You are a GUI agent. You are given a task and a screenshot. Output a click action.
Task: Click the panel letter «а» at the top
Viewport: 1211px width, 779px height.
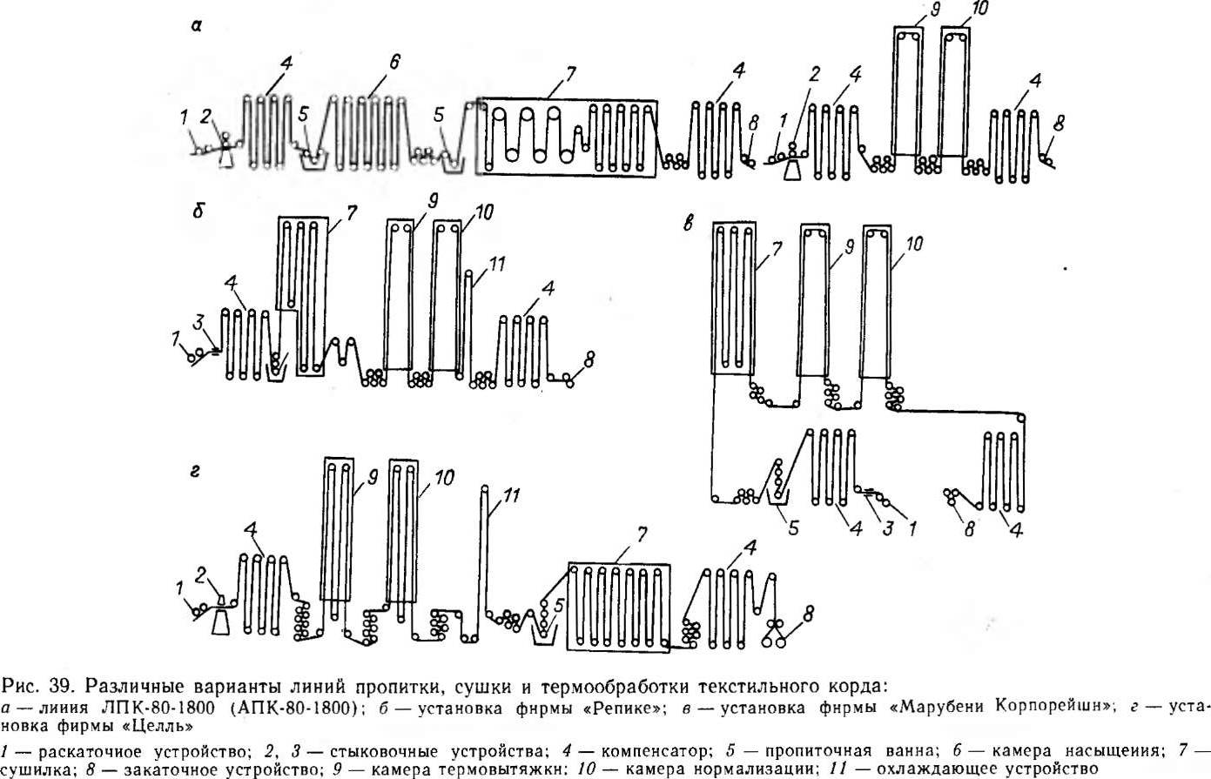point(197,27)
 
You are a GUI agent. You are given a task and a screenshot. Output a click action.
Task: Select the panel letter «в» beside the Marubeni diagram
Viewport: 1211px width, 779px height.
point(689,222)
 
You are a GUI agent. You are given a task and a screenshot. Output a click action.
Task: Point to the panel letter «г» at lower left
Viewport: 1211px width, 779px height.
point(197,471)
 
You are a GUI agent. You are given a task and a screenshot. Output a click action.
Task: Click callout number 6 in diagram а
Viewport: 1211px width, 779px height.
point(394,63)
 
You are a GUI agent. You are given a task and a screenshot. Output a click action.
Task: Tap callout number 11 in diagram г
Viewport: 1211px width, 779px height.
point(513,497)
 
